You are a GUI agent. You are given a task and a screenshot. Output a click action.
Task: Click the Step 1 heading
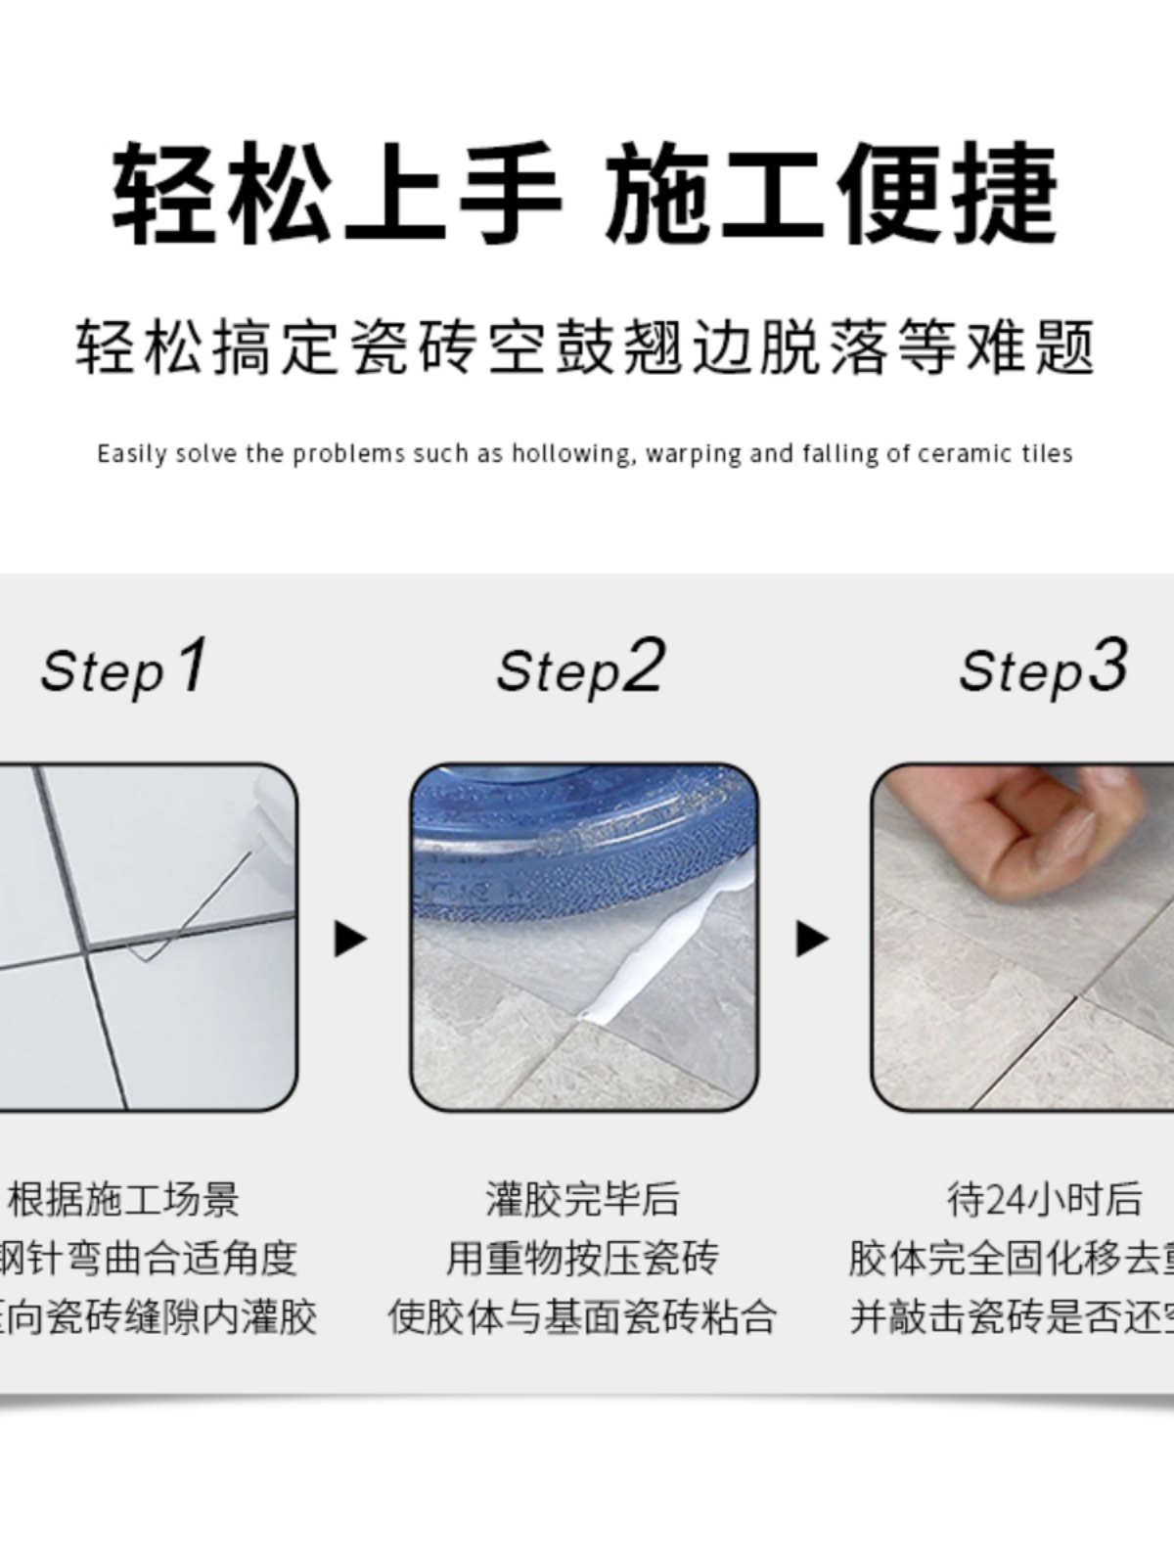124,668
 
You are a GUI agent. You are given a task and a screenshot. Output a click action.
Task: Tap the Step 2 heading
580,668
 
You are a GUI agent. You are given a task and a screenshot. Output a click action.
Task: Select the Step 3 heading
1043,668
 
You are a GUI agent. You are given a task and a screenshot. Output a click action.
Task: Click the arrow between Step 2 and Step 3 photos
811,939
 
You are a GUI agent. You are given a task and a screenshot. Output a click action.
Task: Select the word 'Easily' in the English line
132,454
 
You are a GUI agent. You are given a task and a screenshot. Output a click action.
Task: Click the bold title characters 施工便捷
832,193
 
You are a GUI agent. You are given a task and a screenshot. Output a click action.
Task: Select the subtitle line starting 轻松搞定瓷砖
585,347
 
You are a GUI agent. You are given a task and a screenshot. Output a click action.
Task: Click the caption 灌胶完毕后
582,1199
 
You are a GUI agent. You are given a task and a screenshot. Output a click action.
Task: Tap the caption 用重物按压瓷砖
582,1258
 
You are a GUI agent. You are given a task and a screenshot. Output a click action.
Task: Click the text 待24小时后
1043,1199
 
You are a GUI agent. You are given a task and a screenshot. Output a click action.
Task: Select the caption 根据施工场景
124,1199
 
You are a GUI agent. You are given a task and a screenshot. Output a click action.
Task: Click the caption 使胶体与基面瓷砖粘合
582,1316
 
